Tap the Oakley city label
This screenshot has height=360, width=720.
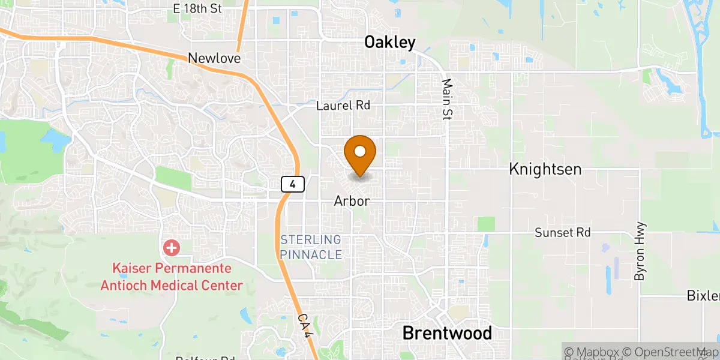pyautogui.click(x=390, y=42)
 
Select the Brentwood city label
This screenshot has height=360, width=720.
pyautogui.click(x=447, y=333)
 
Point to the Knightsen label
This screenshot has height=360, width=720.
pyautogui.click(x=545, y=169)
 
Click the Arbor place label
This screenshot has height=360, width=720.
pyautogui.click(x=352, y=202)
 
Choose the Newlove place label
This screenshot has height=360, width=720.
pyautogui.click(x=214, y=58)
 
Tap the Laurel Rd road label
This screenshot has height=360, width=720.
pyautogui.click(x=343, y=106)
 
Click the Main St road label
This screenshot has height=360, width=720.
pyautogui.click(x=446, y=100)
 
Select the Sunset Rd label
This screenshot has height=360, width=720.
pyautogui.click(x=563, y=232)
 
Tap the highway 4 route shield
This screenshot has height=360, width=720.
pyautogui.click(x=292, y=184)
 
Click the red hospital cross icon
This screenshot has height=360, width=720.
pyautogui.click(x=172, y=247)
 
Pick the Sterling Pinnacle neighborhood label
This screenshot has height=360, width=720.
pyautogui.click(x=311, y=247)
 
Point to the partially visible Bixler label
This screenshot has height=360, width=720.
pyautogui.click(x=703, y=296)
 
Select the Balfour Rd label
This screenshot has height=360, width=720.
pyautogui.click(x=204, y=358)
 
